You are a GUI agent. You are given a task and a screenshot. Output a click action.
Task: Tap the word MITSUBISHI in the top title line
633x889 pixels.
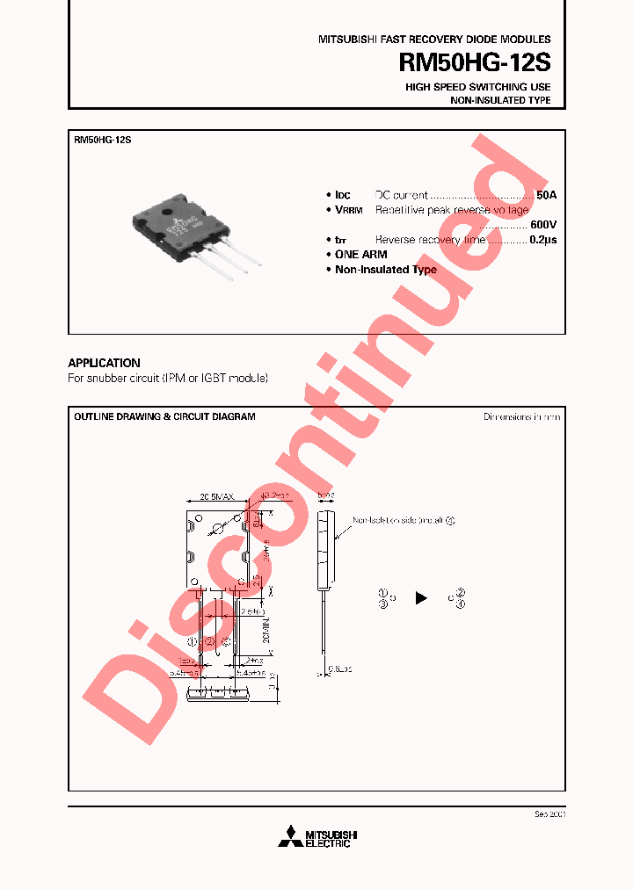coord(346,40)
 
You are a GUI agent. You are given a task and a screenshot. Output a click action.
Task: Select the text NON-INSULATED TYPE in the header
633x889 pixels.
coord(500,101)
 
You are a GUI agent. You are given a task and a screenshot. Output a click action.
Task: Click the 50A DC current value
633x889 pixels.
coord(546,195)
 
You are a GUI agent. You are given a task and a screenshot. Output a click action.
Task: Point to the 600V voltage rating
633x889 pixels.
coord(542,224)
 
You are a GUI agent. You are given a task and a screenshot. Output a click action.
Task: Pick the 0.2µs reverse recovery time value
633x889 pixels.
coord(543,239)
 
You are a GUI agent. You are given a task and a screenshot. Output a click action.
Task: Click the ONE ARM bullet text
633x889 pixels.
coord(360,254)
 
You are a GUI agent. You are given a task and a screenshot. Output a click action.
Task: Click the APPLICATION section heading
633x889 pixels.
coord(104,363)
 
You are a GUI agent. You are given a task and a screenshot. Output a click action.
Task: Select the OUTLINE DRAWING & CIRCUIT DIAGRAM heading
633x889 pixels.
coord(164,416)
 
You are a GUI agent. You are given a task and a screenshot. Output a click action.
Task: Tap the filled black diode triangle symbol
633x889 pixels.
coord(421,597)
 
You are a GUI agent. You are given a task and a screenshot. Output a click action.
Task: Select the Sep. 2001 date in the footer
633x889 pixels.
coord(549,814)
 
